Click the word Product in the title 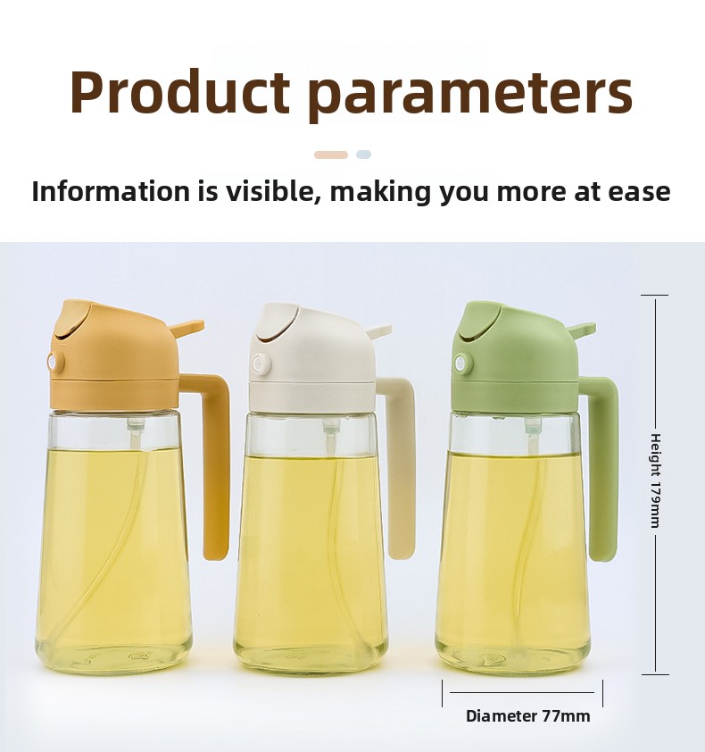point(179,91)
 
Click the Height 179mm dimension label point(656,480)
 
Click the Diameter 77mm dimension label point(527,716)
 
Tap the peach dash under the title point(331,155)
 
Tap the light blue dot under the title point(363,155)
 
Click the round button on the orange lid point(56,362)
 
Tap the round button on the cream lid point(261,363)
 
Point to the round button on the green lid point(463,364)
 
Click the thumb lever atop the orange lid point(186,327)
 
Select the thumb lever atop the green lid point(580,330)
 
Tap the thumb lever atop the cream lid point(380,331)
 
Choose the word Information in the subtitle point(112,191)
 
